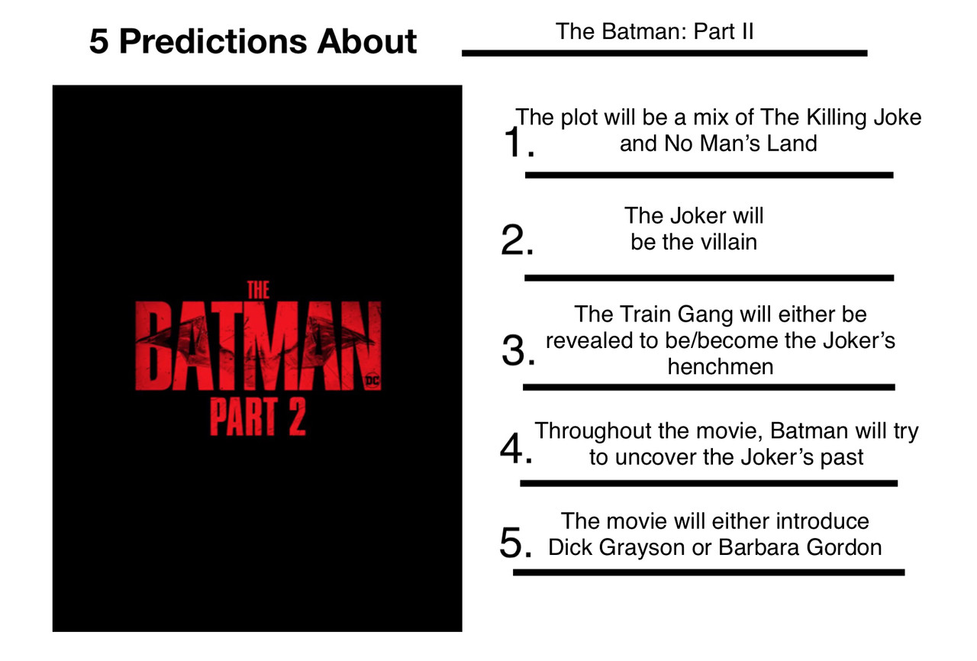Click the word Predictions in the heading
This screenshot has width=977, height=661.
212,41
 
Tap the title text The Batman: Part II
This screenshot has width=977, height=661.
654,31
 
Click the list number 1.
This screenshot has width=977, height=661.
518,142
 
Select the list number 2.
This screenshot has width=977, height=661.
518,240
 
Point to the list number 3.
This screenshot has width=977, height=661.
518,350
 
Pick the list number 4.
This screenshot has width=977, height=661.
517,448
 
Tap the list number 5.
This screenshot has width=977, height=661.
516,543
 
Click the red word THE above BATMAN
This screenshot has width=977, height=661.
258,290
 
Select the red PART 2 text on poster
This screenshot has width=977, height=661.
258,417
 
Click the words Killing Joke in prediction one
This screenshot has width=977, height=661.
863,118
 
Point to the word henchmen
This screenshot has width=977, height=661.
720,366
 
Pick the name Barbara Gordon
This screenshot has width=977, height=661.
800,547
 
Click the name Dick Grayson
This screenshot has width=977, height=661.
616,548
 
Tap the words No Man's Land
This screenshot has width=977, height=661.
740,143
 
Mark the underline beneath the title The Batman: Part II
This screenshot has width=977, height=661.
665,53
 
